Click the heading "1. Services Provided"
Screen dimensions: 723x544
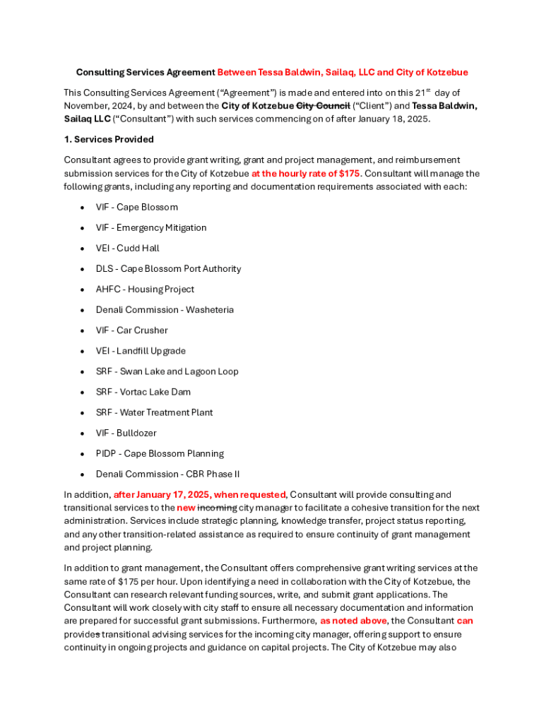tap(109, 139)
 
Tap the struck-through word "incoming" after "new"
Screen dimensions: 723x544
tap(217, 508)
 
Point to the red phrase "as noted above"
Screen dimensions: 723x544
tap(353, 621)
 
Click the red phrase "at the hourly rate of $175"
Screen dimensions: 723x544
tap(306, 174)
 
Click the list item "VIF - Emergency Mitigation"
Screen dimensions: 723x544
tap(151, 228)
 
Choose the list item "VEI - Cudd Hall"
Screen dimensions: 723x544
tap(128, 249)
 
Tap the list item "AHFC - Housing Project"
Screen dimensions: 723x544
tap(145, 289)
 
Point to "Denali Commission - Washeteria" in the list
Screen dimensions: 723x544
tap(165, 310)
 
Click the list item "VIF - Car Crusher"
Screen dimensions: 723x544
tap(132, 330)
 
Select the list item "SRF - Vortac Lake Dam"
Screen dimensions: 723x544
tap(143, 392)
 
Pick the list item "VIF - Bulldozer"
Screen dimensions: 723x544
tap(126, 433)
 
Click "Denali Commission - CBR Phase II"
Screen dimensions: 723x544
tap(167, 474)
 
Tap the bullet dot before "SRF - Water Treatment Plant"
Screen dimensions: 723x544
tap(83, 413)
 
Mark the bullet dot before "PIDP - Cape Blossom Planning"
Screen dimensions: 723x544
tap(83, 454)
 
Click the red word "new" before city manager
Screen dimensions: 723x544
tap(186, 508)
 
